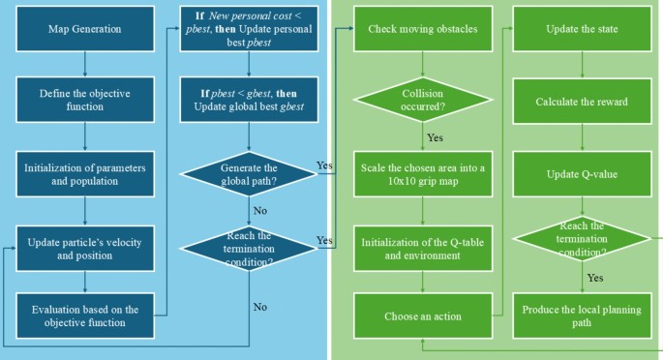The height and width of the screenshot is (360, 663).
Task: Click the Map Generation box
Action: pyautogui.click(x=85, y=29)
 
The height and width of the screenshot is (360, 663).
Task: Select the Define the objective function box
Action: pyautogui.click(x=85, y=100)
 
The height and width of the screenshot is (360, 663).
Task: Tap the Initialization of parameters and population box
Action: pyautogui.click(x=85, y=174)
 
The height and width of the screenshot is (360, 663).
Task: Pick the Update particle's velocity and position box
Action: pyautogui.click(x=85, y=249)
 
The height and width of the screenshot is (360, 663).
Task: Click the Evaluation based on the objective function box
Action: pyautogui.click(x=85, y=315)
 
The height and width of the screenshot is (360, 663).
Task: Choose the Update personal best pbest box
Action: pyautogui.click(x=249, y=29)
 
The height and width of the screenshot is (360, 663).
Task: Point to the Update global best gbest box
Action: pyautogui.click(x=249, y=100)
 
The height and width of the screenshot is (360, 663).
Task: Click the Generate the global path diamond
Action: pyautogui.click(x=249, y=174)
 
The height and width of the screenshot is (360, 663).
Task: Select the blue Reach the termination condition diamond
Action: pyautogui.click(x=249, y=249)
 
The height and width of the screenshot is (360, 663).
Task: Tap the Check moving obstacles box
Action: pyautogui.click(x=423, y=29)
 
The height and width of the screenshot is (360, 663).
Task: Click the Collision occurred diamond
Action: pyautogui.click(x=423, y=100)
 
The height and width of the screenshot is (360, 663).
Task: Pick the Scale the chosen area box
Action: pyautogui.click(x=423, y=174)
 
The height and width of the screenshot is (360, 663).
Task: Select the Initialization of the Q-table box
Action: pyautogui.click(x=423, y=249)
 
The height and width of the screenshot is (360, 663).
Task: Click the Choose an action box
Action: pyautogui.click(x=423, y=315)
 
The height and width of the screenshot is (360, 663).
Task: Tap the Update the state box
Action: pyautogui.click(x=583, y=29)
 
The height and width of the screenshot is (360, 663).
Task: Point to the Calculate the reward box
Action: pyautogui.click(x=583, y=102)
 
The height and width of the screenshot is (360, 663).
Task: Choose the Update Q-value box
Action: pyautogui.click(x=583, y=174)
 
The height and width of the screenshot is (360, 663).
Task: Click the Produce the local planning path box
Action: pyautogui.click(x=583, y=315)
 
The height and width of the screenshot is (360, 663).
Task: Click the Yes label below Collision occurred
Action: pyautogui.click(x=436, y=137)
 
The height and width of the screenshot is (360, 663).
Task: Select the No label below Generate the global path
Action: pyautogui.click(x=260, y=210)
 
